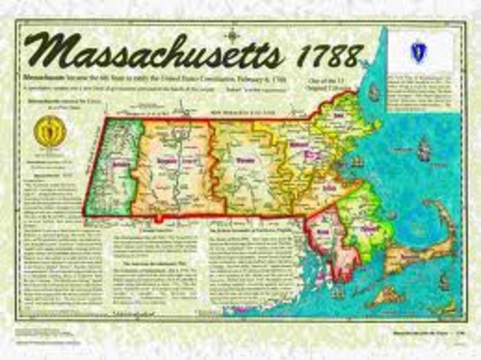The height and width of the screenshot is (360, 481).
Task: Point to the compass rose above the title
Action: (232, 33)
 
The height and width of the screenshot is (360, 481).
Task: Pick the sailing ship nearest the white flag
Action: (374, 93)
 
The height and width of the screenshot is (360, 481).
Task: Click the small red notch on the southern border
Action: (158, 220)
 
